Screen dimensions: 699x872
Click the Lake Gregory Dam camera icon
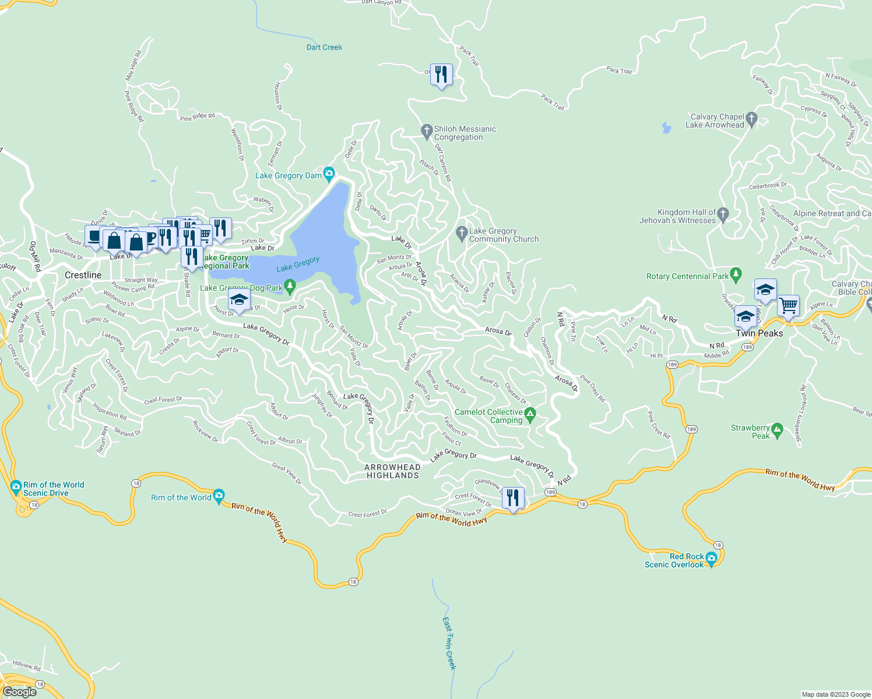point(329,173)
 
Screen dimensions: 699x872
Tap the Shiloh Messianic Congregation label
point(465,133)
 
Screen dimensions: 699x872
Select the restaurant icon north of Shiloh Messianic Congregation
point(441,75)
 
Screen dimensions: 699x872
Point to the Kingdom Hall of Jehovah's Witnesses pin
point(723,214)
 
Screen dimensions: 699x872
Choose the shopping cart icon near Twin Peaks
point(788,305)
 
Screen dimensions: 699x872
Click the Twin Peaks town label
point(759,333)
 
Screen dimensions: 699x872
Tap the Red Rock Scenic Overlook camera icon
point(711,558)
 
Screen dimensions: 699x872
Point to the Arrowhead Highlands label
point(392,471)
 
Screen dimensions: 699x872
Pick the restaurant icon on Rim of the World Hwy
point(513,498)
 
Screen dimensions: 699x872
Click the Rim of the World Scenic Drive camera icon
point(16,486)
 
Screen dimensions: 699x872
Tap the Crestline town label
point(83,275)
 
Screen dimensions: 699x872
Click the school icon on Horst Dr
point(239,301)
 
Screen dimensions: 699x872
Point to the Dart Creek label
point(324,47)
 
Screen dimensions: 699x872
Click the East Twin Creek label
point(449,643)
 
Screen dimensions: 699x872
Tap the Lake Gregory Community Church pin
point(462,233)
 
